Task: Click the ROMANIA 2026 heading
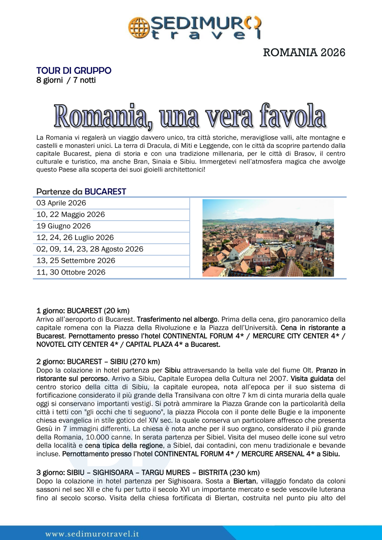(x=304, y=53)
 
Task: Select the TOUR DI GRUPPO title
(x=74, y=71)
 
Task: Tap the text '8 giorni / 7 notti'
(x=66, y=80)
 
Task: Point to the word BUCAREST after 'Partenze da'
(x=105, y=192)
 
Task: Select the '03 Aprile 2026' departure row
(x=61, y=203)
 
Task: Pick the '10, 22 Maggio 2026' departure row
(x=71, y=215)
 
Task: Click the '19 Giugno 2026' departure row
(x=63, y=226)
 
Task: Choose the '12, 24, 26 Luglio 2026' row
(x=75, y=238)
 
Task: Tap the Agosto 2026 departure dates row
(x=90, y=249)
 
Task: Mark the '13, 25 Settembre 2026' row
(x=76, y=261)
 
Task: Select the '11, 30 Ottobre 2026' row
(x=71, y=272)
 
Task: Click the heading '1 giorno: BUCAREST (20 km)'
(x=83, y=310)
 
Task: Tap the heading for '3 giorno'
(x=148, y=472)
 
